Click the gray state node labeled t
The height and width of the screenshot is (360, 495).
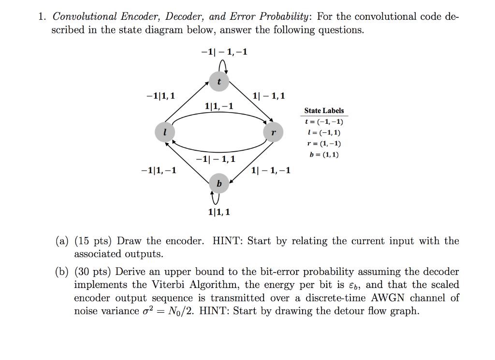click(219, 82)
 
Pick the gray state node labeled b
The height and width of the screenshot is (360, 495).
click(219, 183)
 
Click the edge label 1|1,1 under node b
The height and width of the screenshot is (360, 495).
click(219, 212)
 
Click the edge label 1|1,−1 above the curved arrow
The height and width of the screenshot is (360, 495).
click(219, 106)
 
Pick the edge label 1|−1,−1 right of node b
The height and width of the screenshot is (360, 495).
click(271, 170)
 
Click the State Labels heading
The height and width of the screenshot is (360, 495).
click(324, 111)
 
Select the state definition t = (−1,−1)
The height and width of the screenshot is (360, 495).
click(324, 122)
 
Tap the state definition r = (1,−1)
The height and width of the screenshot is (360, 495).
click(324, 144)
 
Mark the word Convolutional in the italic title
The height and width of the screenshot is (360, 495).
click(85, 16)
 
